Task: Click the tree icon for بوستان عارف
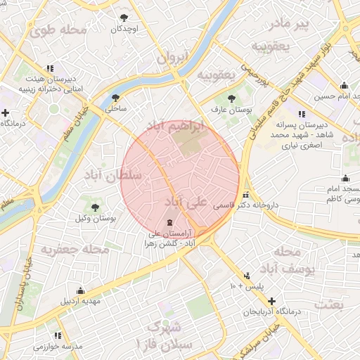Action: (x=232, y=98)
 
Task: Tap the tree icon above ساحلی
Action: (x=115, y=98)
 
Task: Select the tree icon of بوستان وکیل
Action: (x=96, y=207)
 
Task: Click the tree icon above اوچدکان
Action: (x=124, y=17)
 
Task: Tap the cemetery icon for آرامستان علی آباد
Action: (x=156, y=223)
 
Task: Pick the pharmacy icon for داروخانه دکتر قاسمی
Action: (x=245, y=195)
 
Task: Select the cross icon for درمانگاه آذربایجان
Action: (x=272, y=300)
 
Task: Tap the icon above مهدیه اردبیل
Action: (x=81, y=290)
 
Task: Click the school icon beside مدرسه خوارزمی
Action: (x=58, y=335)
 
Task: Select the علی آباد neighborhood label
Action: (x=186, y=202)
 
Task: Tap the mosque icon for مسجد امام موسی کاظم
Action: (x=345, y=178)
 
